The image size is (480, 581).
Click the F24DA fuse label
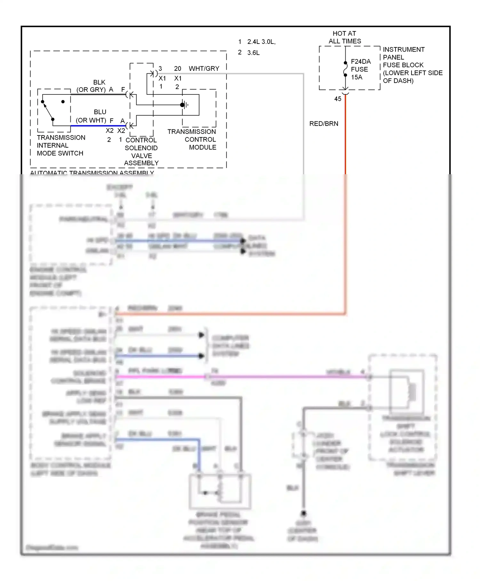pyautogui.click(x=361, y=61)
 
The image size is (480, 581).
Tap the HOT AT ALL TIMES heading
pyautogui.click(x=345, y=37)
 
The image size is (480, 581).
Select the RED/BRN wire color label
pyautogui.click(x=324, y=124)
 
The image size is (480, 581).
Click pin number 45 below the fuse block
pyautogui.click(x=338, y=99)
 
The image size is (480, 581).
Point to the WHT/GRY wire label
pyautogui.click(x=204, y=69)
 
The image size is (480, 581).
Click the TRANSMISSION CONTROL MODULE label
pyautogui.click(x=192, y=139)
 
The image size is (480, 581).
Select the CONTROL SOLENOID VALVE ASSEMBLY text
pyautogui.click(x=141, y=151)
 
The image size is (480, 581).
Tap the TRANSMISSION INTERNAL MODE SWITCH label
pyautogui.click(x=61, y=145)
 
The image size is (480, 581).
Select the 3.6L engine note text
pyautogui.click(x=253, y=53)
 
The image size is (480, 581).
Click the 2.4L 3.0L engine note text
pyautogui.click(x=261, y=42)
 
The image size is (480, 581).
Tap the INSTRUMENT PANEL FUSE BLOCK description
pyautogui.click(x=412, y=65)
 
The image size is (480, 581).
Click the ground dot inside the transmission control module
pyautogui.click(x=182, y=105)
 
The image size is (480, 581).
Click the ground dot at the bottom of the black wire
pyautogui.click(x=303, y=513)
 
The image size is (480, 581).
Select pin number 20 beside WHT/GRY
pyautogui.click(x=178, y=69)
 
